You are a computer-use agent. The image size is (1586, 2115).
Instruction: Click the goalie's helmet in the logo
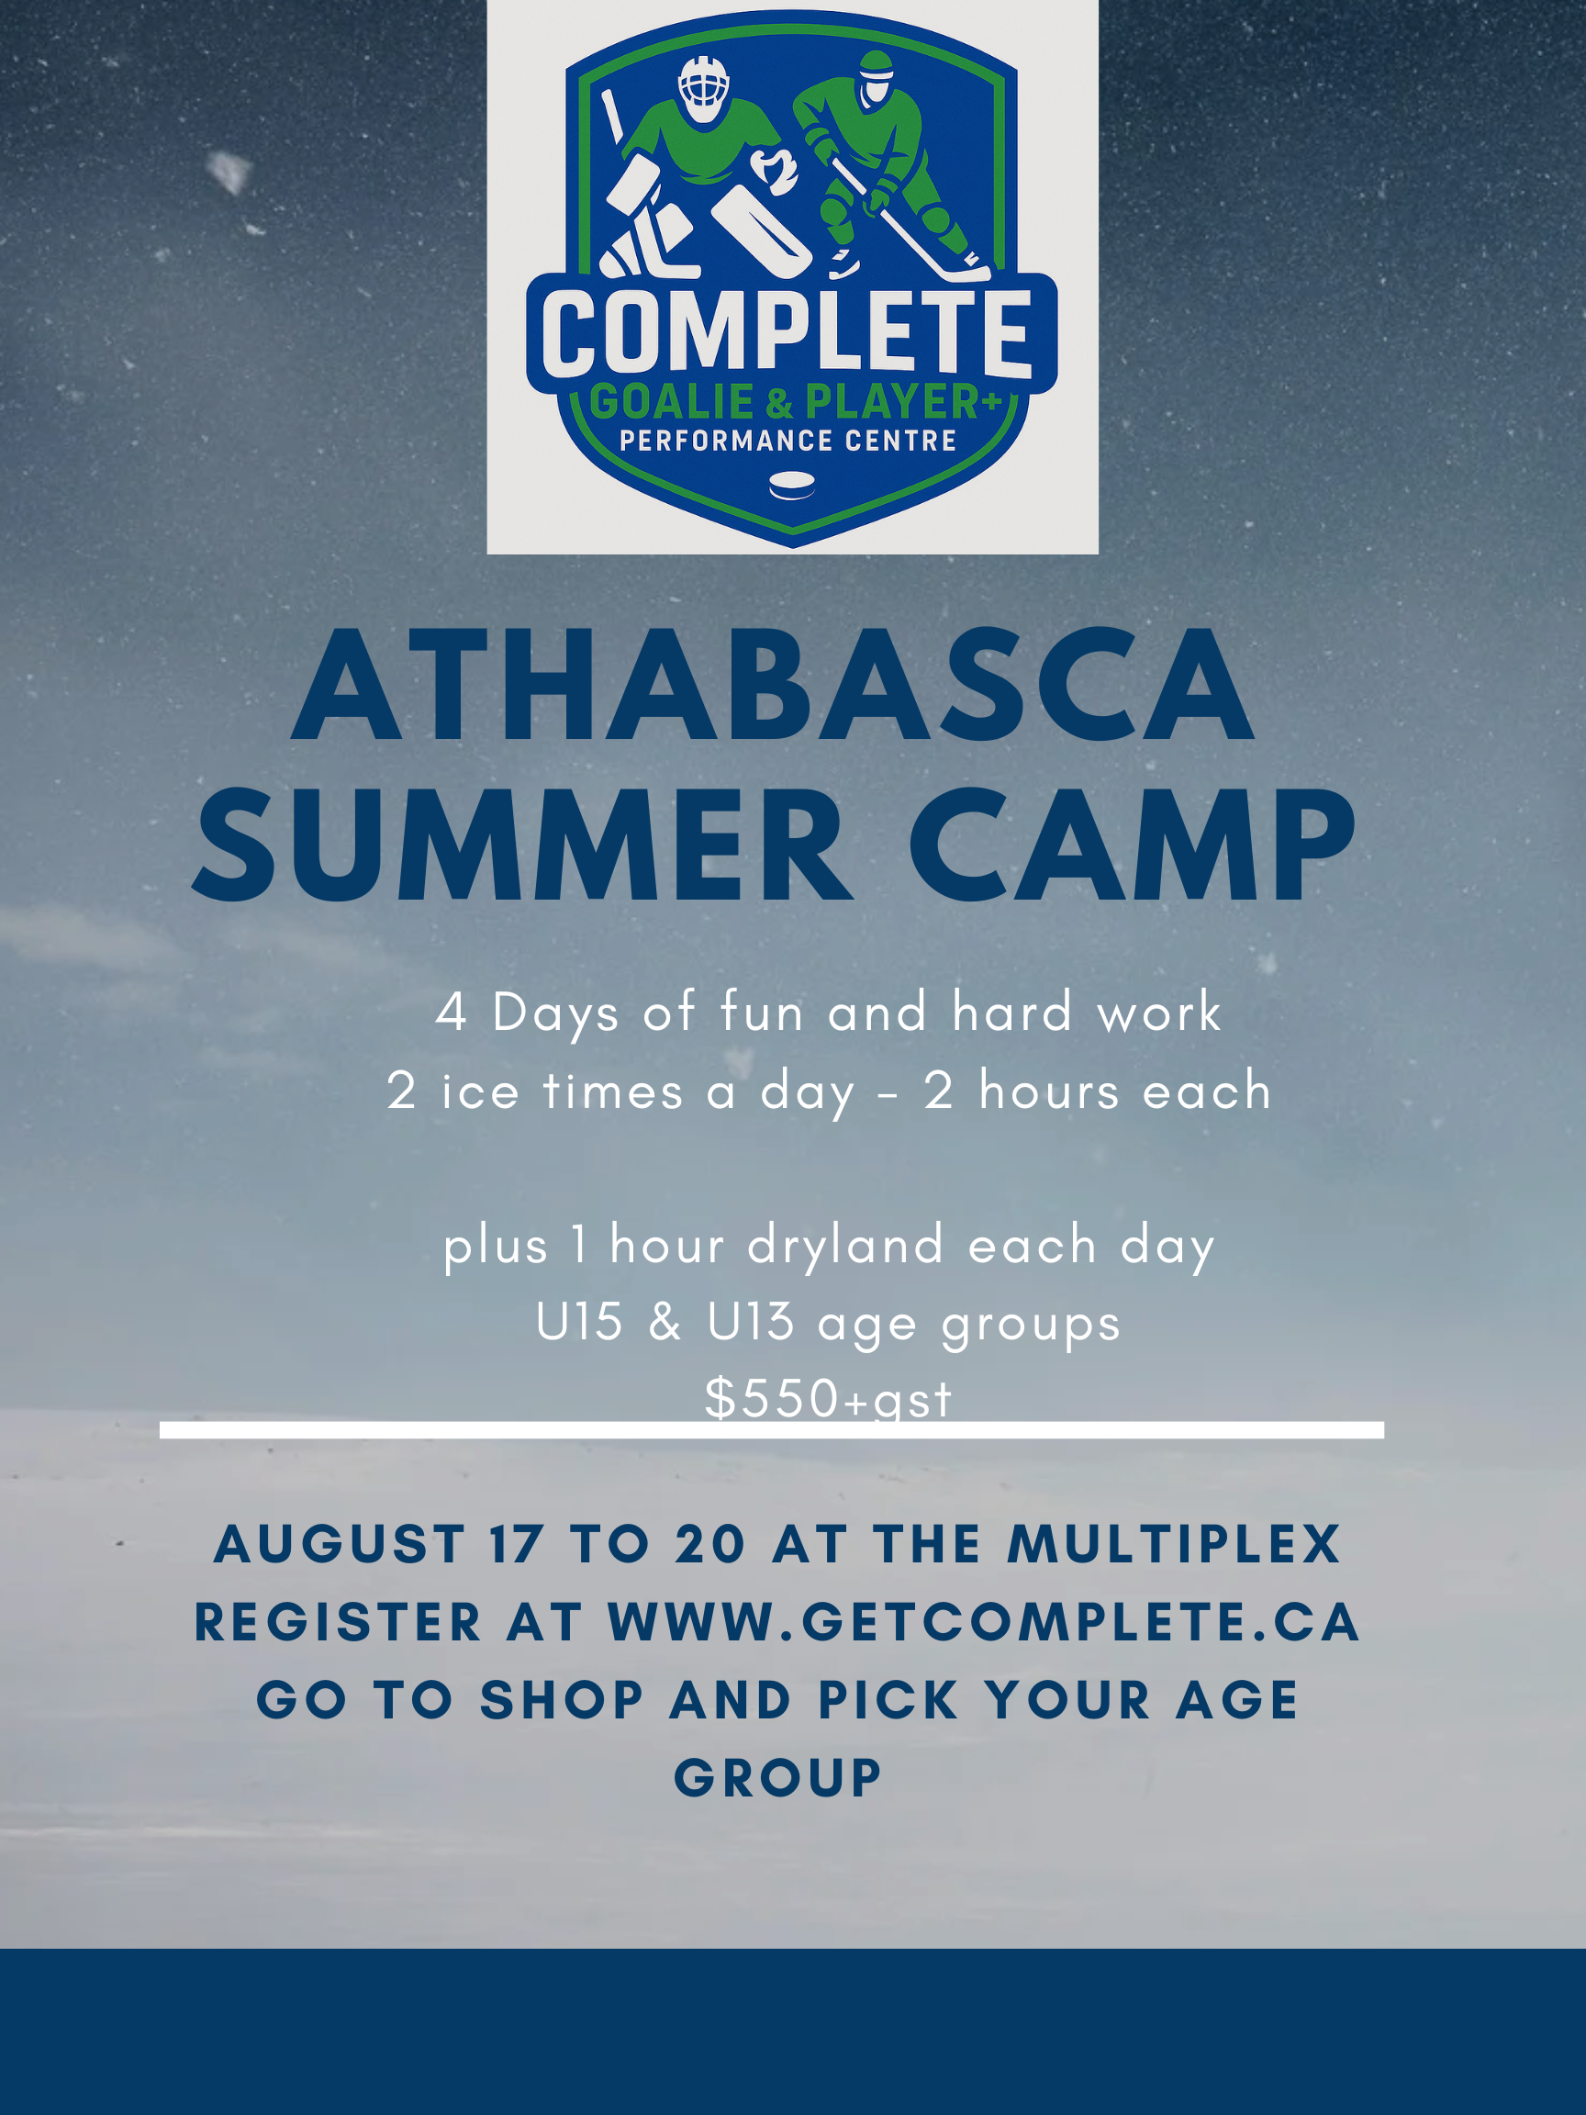click(x=704, y=88)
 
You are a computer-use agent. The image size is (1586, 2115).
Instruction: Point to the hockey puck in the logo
click(x=792, y=486)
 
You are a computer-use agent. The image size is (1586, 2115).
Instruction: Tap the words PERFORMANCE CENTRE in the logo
click(x=787, y=441)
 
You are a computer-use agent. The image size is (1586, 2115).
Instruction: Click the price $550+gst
click(x=828, y=1399)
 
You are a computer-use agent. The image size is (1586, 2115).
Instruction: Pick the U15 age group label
click(x=579, y=1324)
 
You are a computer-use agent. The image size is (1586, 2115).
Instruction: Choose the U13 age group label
click(x=751, y=1324)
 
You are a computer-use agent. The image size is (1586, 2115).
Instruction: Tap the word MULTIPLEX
click(x=1174, y=1544)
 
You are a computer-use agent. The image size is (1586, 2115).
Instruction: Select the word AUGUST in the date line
click(x=340, y=1544)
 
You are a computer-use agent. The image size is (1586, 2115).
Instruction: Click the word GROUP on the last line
click(x=778, y=1778)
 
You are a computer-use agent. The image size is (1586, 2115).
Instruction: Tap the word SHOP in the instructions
click(x=561, y=1700)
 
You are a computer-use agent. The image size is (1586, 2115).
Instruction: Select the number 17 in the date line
click(x=516, y=1544)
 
